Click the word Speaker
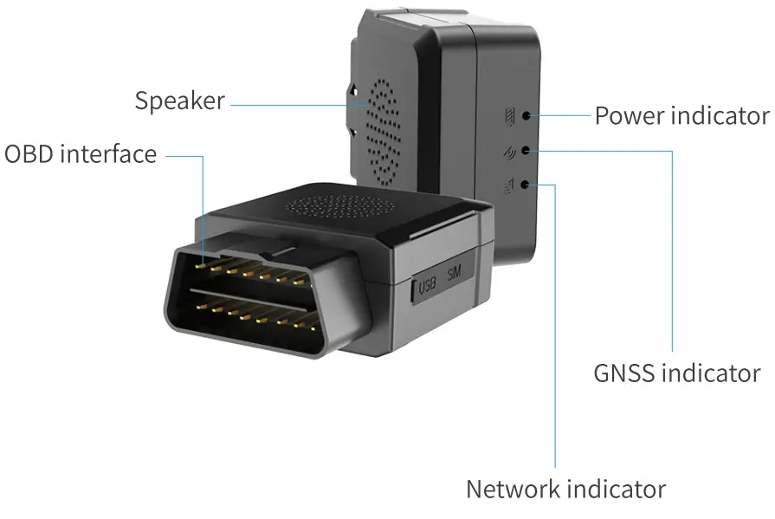(x=179, y=101)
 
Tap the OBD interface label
(x=81, y=155)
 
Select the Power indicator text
(x=681, y=115)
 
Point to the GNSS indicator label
(x=676, y=373)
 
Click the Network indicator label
(x=565, y=489)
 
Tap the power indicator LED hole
(x=527, y=114)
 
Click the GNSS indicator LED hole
(x=527, y=150)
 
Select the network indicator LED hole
(x=527, y=185)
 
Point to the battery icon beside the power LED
(x=509, y=114)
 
